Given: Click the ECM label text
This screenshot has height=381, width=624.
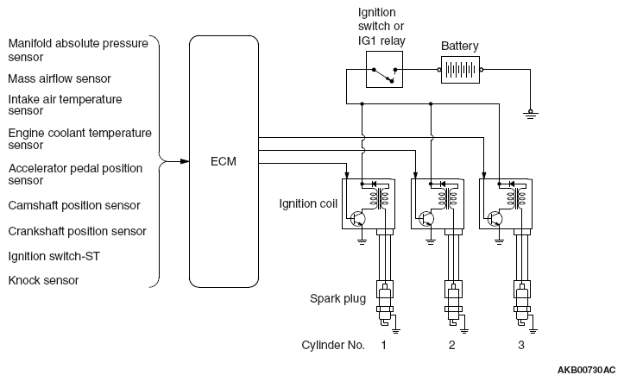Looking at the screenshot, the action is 224,161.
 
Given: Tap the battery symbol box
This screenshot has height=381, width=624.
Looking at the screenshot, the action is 460,70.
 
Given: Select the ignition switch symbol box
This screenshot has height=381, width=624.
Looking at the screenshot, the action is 384,69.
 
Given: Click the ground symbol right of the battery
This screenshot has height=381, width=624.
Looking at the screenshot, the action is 530,115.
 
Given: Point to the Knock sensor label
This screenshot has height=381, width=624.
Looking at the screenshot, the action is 43,280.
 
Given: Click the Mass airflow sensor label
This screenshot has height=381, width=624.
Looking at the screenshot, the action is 60,78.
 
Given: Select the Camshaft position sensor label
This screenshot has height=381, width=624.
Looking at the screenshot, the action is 74,205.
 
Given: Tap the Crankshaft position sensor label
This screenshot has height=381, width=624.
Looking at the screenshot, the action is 77,231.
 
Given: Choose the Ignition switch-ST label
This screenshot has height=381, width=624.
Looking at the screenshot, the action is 54,256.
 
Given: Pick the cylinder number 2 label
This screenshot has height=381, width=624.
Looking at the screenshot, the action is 451,345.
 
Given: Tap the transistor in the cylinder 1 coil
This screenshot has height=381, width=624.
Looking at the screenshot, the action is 358,218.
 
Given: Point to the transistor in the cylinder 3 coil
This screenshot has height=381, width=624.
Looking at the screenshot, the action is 495,218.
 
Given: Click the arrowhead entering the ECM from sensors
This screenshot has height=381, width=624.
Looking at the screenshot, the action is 184,161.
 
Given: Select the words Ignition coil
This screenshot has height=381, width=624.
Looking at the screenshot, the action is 308,203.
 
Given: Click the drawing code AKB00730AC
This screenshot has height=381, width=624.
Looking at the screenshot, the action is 586,371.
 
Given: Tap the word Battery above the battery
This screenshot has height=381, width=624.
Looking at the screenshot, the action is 460,46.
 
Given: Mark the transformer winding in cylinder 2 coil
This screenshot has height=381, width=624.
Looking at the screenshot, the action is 448,198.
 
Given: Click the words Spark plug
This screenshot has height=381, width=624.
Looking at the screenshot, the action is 337,299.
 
